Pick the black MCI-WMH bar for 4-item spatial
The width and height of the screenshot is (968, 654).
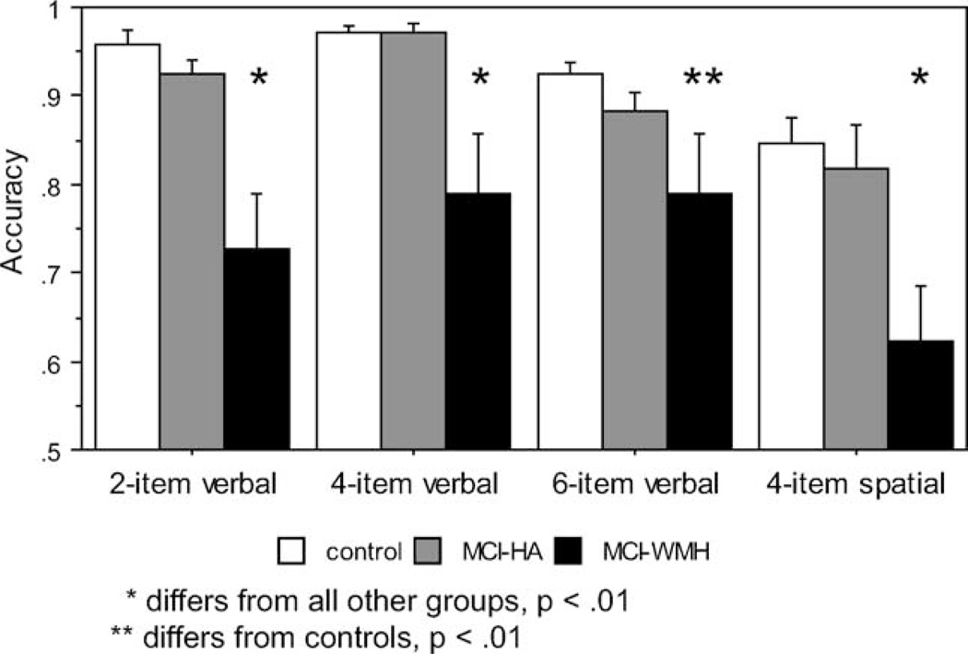click(921, 395)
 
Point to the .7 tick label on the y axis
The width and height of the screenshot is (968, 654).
click(70, 273)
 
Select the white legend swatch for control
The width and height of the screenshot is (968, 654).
click(291, 552)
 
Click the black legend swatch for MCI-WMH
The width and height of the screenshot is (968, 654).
click(580, 552)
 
